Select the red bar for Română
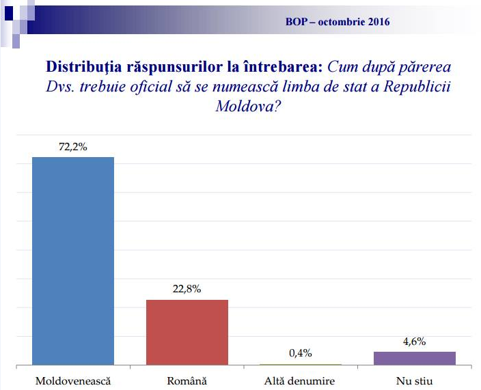point(187,332)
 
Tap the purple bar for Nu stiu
point(415,359)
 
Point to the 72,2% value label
point(73,146)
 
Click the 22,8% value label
point(187,289)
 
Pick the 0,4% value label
point(300,353)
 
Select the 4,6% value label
point(414,341)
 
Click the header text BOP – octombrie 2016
point(338,22)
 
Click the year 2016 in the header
point(378,22)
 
